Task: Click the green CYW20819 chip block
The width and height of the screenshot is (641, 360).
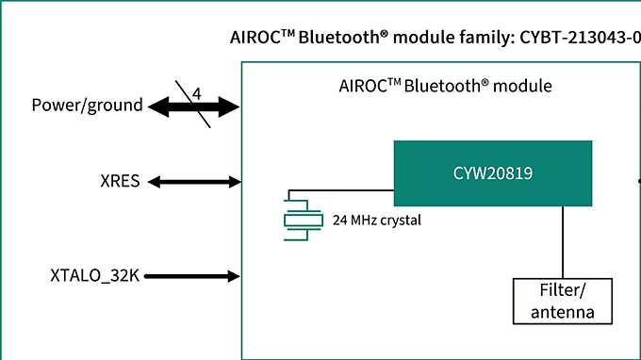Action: tap(492, 172)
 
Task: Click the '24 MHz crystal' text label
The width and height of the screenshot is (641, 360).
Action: tap(376, 221)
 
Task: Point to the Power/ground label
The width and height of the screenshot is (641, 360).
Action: tap(87, 106)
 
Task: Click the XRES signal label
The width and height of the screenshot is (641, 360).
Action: tap(120, 181)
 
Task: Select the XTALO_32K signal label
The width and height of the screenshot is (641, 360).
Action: tap(93, 276)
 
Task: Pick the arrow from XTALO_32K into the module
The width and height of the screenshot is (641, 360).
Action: tap(192, 276)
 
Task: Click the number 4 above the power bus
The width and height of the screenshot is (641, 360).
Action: tap(197, 92)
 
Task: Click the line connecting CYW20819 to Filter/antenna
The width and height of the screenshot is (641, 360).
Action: tap(564, 240)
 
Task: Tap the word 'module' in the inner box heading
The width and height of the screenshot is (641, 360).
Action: tap(522, 86)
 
